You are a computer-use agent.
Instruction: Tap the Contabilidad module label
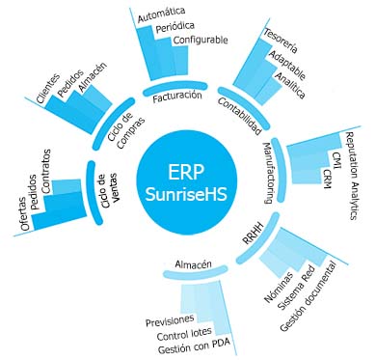[239, 115]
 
